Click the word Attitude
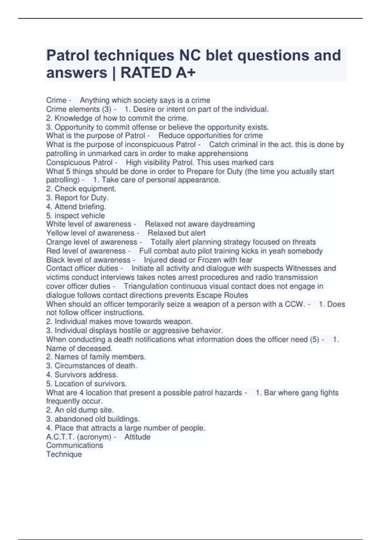(137, 437)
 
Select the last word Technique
(64, 454)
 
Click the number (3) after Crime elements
(106, 109)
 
